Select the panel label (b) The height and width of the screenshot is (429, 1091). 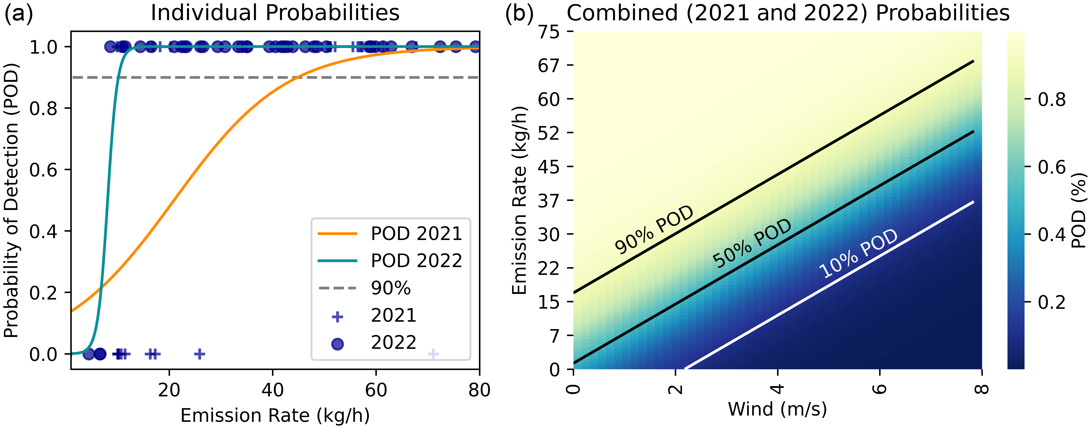tap(519, 13)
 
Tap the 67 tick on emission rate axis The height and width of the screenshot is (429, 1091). tap(549, 65)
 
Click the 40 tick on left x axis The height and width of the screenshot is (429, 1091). tap(272, 390)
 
